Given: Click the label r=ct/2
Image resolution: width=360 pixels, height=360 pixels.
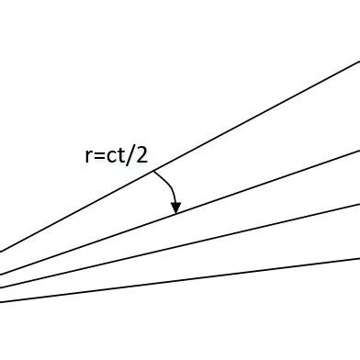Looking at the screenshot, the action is point(115,155).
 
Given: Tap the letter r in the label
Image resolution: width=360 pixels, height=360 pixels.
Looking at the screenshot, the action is point(87,156).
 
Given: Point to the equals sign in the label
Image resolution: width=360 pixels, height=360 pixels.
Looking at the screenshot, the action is point(98,156).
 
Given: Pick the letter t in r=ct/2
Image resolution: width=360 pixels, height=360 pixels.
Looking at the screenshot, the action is point(121,155).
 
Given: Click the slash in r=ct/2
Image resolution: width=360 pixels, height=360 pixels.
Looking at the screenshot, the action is point(130,155).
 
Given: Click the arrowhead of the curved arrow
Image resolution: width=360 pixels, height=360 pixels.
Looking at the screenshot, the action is point(175,208).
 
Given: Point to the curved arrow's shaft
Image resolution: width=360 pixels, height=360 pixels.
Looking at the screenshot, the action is point(170,186).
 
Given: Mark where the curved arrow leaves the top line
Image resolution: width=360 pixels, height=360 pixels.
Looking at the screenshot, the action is point(153,171).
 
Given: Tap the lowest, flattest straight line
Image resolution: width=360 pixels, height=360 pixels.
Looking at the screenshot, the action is point(230,272).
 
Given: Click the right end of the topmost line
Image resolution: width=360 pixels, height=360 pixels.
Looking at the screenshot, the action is point(358,62).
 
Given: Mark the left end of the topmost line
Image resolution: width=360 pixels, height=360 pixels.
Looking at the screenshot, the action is point(1,251).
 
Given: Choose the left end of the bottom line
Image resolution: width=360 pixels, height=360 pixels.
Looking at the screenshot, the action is point(1,301).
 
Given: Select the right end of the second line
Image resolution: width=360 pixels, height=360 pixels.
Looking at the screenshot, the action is point(358,148).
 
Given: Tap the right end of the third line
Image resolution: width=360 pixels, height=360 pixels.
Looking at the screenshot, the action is point(358,203).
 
